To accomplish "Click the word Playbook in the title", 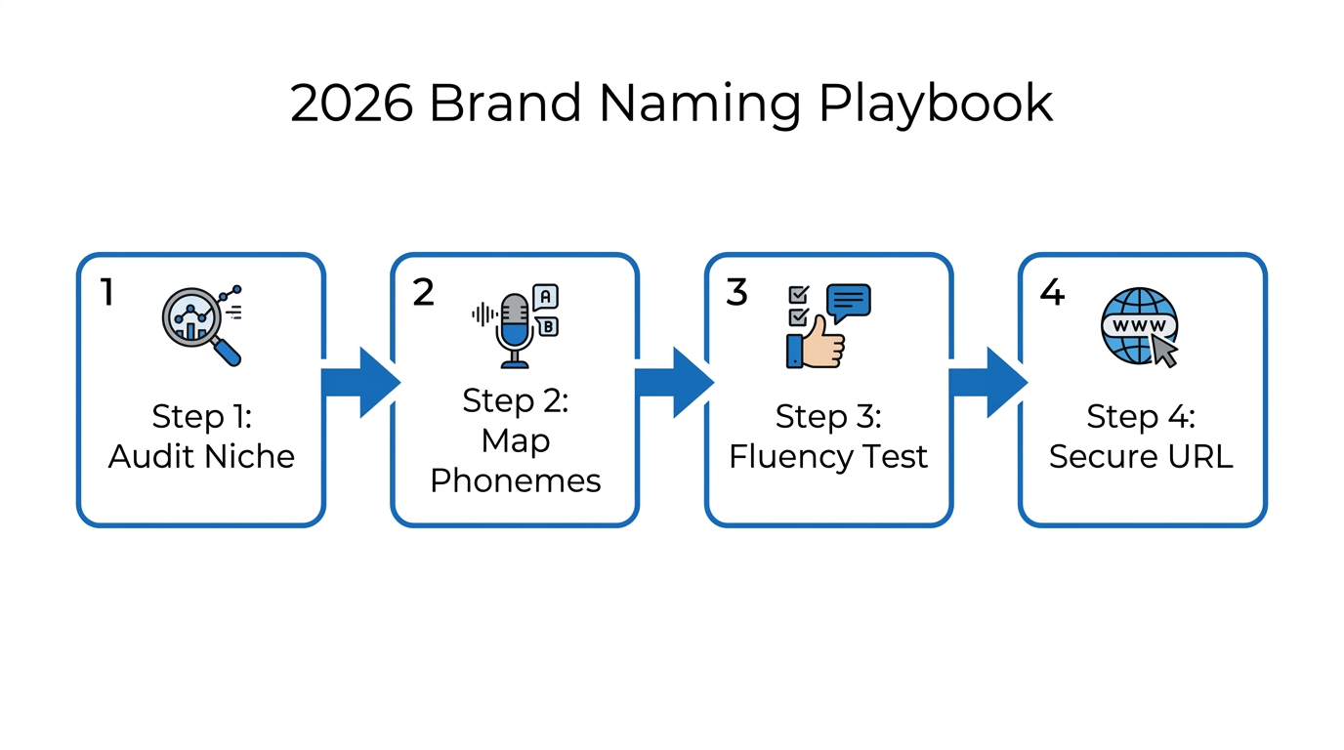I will [936, 104].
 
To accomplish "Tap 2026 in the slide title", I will [352, 104].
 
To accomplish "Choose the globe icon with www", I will [1138, 325].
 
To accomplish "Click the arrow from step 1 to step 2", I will [357, 382].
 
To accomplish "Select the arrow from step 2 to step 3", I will [672, 382].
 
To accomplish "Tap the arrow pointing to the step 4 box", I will [986, 382].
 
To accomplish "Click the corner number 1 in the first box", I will [107, 291].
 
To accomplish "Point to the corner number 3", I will [736, 291].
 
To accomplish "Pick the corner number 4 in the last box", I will [1051, 291].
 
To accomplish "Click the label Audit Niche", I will [201, 456].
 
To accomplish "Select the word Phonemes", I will [515, 480].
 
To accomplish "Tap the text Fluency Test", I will [828, 456].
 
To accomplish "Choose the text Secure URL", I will [1141, 456].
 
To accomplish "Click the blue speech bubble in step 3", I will [847, 302].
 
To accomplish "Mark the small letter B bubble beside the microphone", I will [548, 326].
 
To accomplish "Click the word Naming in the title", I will [696, 104].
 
